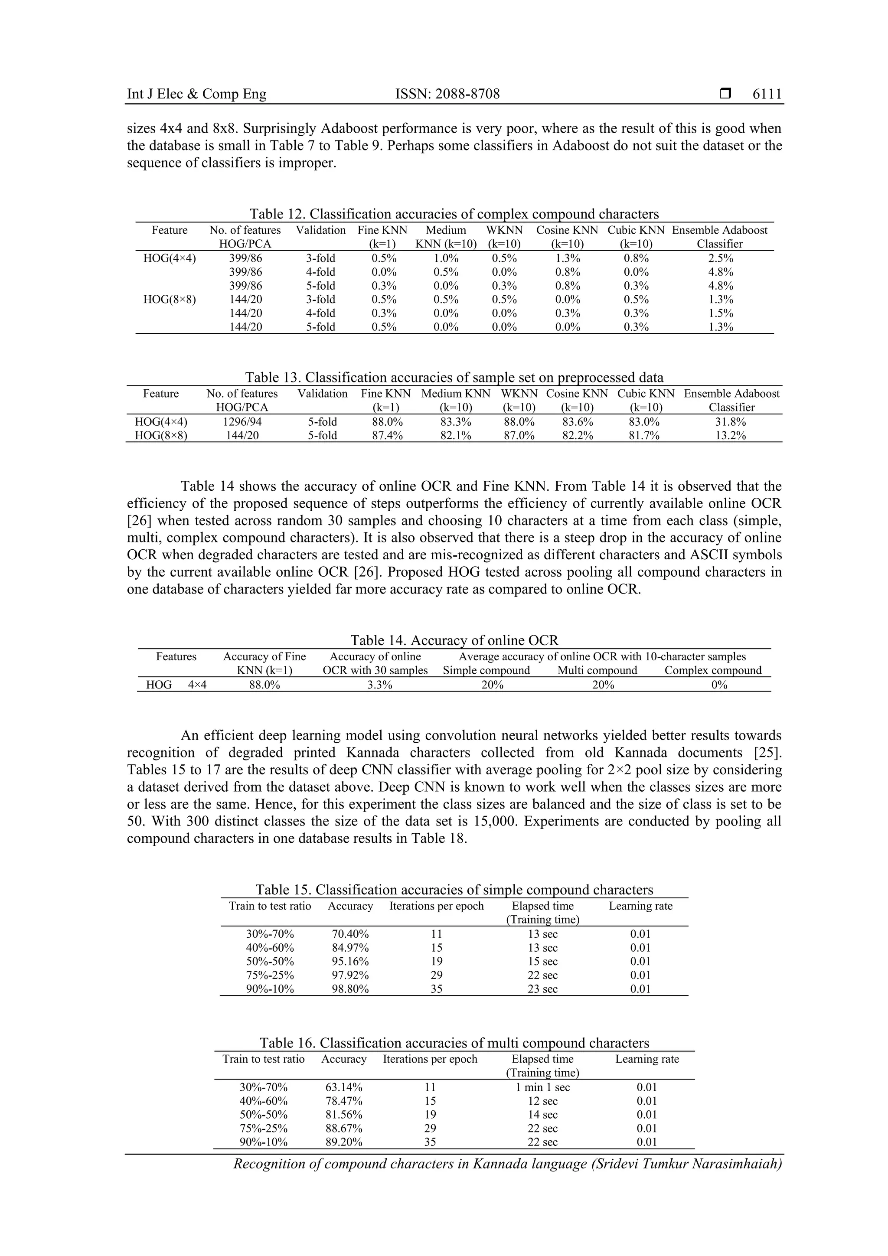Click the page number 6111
coord(767,94)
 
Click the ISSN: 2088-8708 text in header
coord(447,94)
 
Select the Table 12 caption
coord(454,214)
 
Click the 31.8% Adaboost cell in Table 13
coord(731,422)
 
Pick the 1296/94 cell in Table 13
coord(242,422)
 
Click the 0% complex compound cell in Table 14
coord(719,684)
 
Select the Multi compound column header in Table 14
coord(597,671)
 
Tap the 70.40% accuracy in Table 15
coord(350,934)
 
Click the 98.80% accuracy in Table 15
coord(350,988)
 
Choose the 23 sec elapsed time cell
coord(542,988)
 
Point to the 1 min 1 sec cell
coord(542,1087)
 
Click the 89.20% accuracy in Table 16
coord(343,1142)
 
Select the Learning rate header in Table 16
coord(647,1059)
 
